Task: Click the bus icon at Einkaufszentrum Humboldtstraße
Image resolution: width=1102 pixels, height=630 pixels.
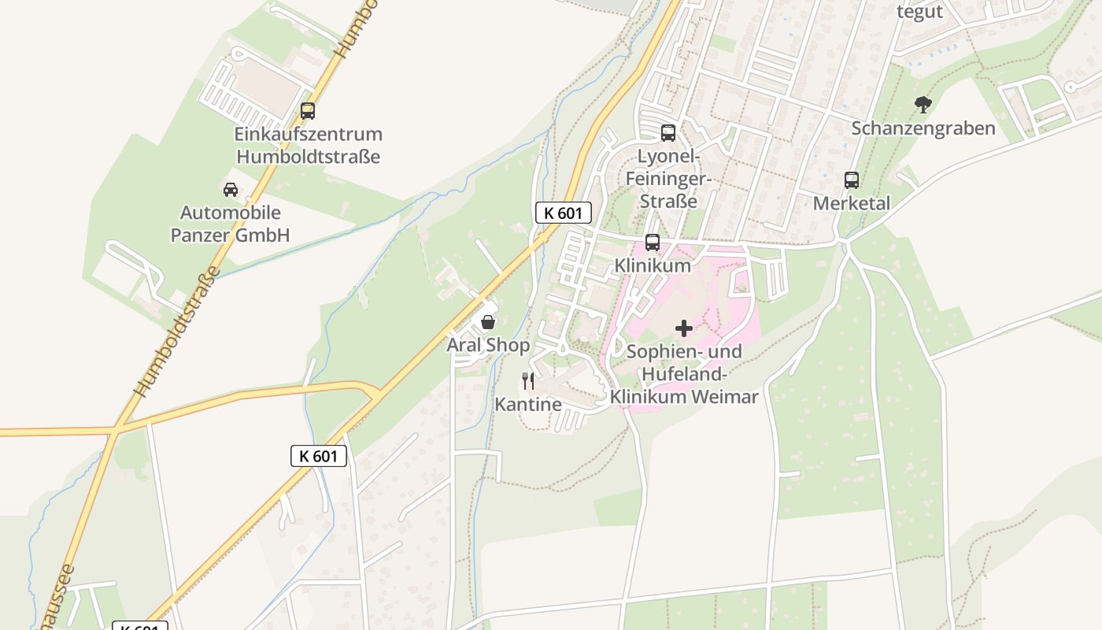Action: pyautogui.click(x=308, y=111)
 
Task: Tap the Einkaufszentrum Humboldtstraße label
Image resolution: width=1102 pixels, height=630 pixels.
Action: pyautogui.click(x=309, y=146)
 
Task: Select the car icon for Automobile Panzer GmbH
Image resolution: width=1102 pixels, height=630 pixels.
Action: pyautogui.click(x=231, y=190)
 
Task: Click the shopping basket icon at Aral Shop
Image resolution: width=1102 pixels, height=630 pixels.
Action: pyautogui.click(x=488, y=322)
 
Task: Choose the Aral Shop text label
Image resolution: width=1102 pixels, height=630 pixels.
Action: pyautogui.click(x=488, y=345)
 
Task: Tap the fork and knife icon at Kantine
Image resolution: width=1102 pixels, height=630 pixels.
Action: pyautogui.click(x=528, y=381)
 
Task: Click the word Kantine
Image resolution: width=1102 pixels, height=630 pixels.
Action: pyautogui.click(x=528, y=404)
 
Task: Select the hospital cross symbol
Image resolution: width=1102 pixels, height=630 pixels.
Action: pyautogui.click(x=684, y=328)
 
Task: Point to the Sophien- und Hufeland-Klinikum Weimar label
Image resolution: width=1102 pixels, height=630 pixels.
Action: pyautogui.click(x=684, y=373)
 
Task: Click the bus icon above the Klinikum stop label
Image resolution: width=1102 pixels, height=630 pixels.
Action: pyautogui.click(x=653, y=243)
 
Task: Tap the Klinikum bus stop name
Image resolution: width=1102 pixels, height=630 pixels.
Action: pyautogui.click(x=653, y=265)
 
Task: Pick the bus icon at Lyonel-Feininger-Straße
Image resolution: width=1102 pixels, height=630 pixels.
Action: pyautogui.click(x=668, y=133)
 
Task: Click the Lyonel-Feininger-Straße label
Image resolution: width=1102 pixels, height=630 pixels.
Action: pyautogui.click(x=668, y=178)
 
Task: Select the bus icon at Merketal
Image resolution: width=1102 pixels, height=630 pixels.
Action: pyautogui.click(x=852, y=180)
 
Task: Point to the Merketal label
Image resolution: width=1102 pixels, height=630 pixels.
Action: pyautogui.click(x=852, y=203)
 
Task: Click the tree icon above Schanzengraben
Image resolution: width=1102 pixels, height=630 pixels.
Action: pyautogui.click(x=923, y=104)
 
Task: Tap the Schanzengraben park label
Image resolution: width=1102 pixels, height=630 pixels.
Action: pyautogui.click(x=923, y=128)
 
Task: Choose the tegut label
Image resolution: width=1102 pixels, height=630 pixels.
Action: pyautogui.click(x=919, y=11)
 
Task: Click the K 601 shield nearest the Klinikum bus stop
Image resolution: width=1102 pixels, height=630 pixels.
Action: pyautogui.click(x=564, y=213)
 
